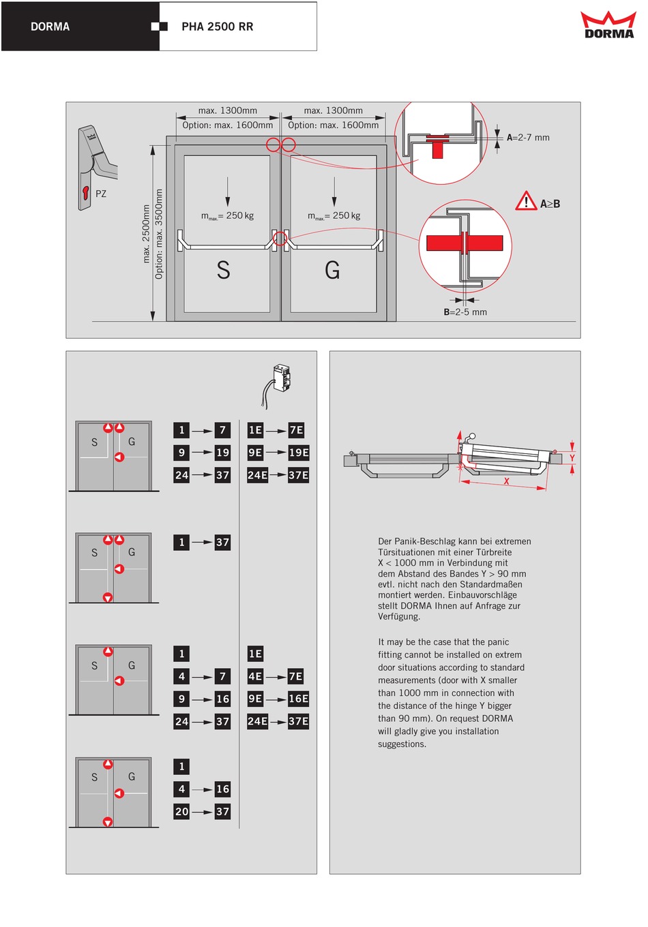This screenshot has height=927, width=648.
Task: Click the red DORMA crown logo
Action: pyautogui.click(x=608, y=25)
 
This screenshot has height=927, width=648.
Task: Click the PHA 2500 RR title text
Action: pyautogui.click(x=217, y=27)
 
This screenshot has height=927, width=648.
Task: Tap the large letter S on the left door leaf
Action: pyautogui.click(x=223, y=270)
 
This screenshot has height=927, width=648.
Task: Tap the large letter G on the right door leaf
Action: pyautogui.click(x=332, y=270)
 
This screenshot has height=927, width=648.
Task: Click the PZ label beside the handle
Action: pyautogui.click(x=101, y=194)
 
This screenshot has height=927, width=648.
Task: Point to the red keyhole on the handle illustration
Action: pyautogui.click(x=86, y=192)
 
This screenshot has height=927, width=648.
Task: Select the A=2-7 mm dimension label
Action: pyautogui.click(x=528, y=138)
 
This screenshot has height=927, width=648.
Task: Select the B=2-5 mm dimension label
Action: pyautogui.click(x=465, y=312)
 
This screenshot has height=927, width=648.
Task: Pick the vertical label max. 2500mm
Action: pyautogui.click(x=146, y=234)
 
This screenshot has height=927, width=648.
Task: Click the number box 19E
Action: pyautogui.click(x=299, y=453)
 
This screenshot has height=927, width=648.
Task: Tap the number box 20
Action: pyautogui.click(x=181, y=812)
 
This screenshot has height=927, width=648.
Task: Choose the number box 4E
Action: pyautogui.click(x=255, y=677)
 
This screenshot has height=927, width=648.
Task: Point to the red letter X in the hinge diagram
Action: pyautogui.click(x=506, y=481)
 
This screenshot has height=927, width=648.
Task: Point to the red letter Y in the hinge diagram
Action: pyautogui.click(x=572, y=458)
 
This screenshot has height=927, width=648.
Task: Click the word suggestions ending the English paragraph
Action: pyautogui.click(x=402, y=744)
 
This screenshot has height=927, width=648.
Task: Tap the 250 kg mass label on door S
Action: pyautogui.click(x=227, y=215)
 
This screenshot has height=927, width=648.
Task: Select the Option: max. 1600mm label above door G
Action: pyautogui.click(x=334, y=125)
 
